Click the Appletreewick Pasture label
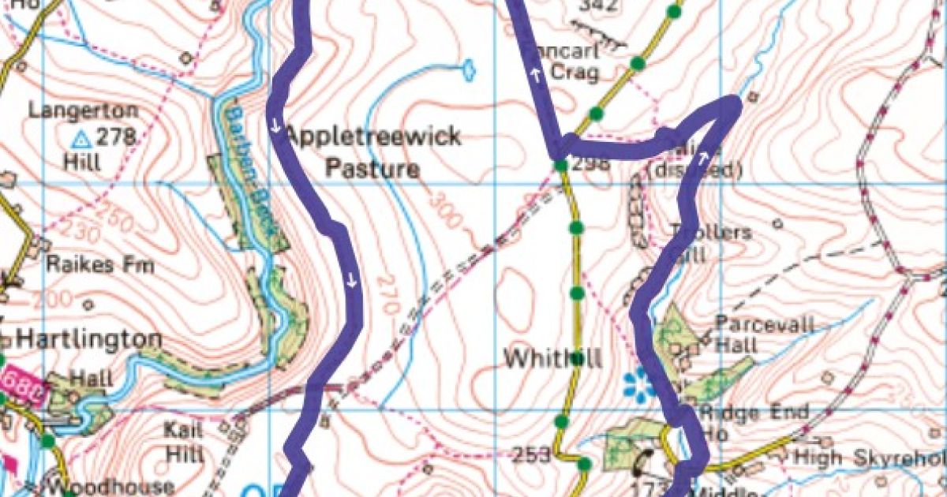point(372,152)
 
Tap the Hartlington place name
point(89,340)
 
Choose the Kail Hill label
point(184,442)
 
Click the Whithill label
point(552,359)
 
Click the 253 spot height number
point(530,455)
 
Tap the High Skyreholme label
point(868,457)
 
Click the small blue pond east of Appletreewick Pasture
point(469,70)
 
